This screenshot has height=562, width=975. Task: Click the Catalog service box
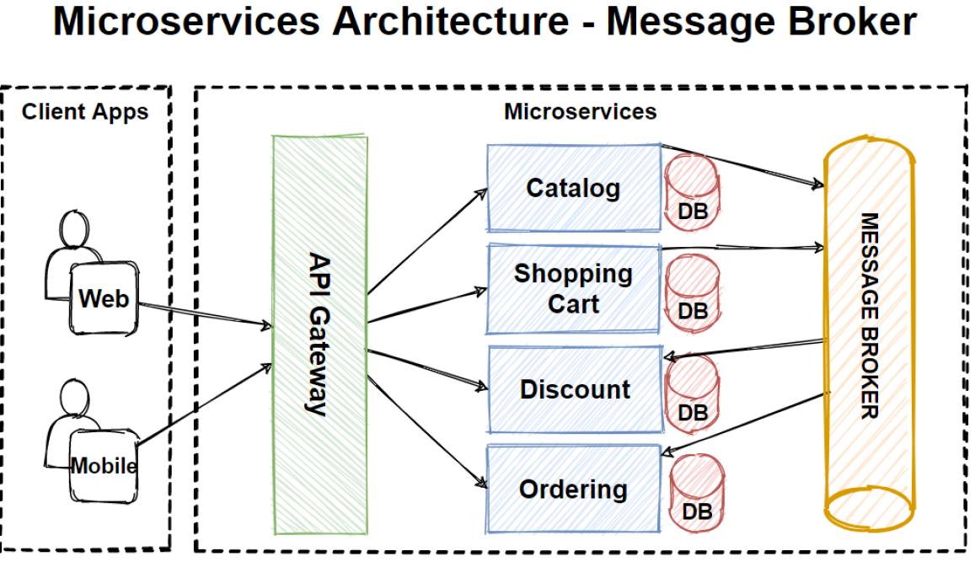(x=573, y=188)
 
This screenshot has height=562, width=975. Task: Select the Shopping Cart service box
(x=573, y=287)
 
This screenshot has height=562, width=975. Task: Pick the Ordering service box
(x=573, y=489)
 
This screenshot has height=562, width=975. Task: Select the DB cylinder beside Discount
(x=693, y=392)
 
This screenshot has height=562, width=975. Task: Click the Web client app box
(x=104, y=297)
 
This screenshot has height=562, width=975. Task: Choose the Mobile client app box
(x=104, y=465)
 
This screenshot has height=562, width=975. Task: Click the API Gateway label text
(x=319, y=334)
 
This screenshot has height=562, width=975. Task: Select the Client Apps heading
(x=85, y=111)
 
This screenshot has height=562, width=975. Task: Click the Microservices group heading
(x=580, y=110)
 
